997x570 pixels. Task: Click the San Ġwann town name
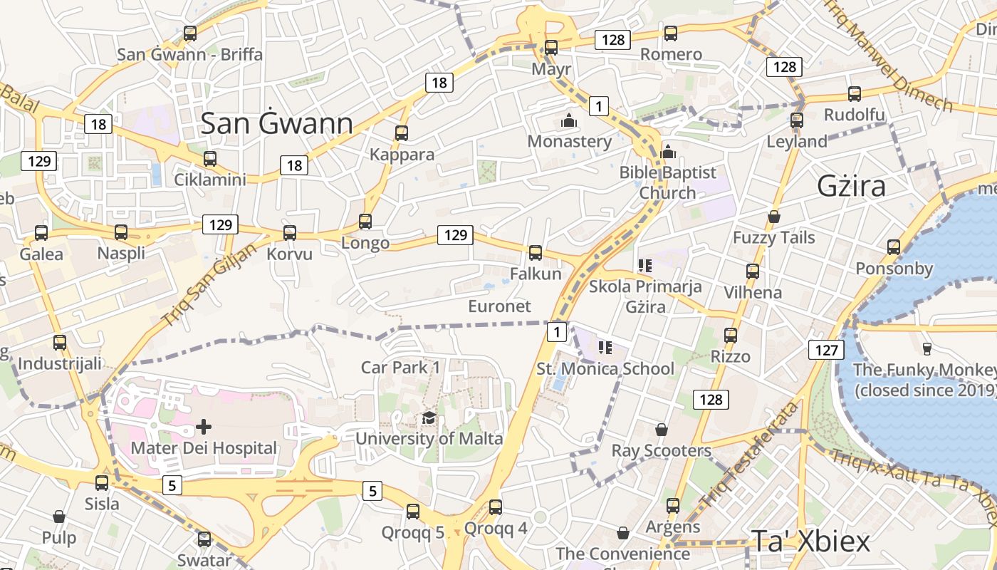[x=276, y=123]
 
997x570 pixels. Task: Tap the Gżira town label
[x=851, y=186]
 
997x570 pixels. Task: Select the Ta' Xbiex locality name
[x=810, y=541]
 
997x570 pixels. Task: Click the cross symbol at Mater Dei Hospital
[x=204, y=427]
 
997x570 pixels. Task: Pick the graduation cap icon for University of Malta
[x=429, y=418]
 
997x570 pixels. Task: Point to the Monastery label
[x=569, y=141]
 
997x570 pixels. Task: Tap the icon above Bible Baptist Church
[x=668, y=151]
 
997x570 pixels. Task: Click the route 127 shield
[x=826, y=349]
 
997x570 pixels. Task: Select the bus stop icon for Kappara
[x=402, y=133]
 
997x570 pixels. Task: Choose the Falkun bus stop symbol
[x=536, y=252]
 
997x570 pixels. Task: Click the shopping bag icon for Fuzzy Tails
[x=774, y=217]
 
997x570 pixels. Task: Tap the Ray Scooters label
[x=661, y=450]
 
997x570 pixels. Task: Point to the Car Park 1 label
[x=400, y=367]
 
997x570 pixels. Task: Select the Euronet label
[x=499, y=306]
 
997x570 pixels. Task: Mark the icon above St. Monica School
[x=605, y=348]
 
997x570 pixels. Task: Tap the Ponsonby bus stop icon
[x=894, y=247]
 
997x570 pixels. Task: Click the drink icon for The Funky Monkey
[x=927, y=348]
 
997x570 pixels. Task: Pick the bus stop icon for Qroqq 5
[x=413, y=511]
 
